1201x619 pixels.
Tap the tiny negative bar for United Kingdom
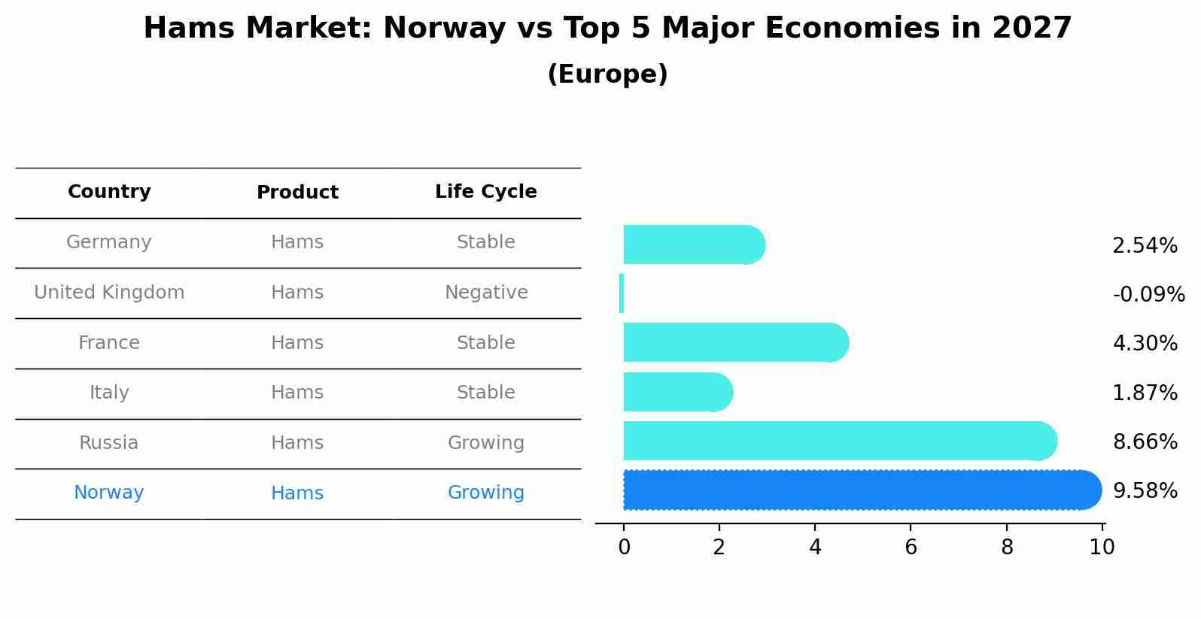pos(622,293)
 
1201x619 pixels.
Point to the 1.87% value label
pos(1144,393)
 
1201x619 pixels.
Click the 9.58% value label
pos(1144,490)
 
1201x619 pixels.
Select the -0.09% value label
pos(1148,294)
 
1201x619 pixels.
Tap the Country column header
pos(109,192)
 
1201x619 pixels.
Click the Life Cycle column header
pos(485,192)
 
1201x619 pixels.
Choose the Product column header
pos(297,193)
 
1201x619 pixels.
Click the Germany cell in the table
pos(109,242)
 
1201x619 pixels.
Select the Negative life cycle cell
pos(485,293)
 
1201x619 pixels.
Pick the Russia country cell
pos(109,443)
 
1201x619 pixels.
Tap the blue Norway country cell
pos(109,493)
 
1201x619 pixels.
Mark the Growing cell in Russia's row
pos(485,443)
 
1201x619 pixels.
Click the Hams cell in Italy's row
pos(297,393)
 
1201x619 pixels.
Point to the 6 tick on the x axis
pos(911,547)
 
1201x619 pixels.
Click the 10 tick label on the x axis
pos(1102,547)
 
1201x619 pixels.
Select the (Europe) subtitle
pos(607,74)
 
